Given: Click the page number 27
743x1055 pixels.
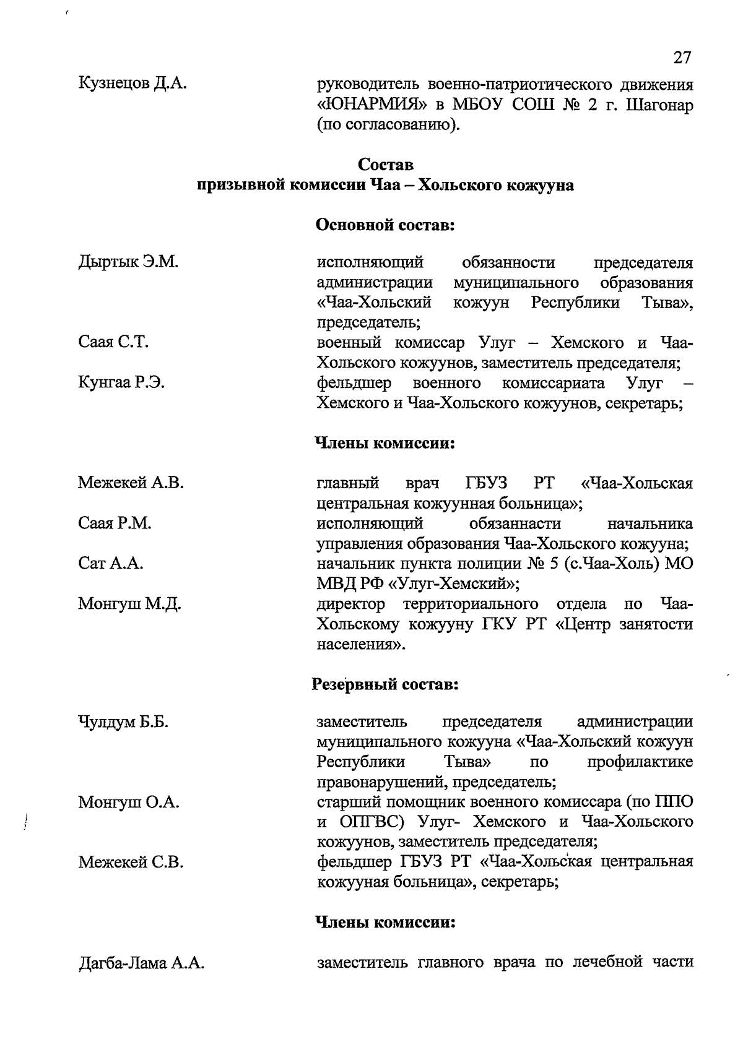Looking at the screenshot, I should pyautogui.click(x=681, y=58).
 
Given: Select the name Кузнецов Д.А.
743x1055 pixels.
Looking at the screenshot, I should pyautogui.click(x=133, y=83).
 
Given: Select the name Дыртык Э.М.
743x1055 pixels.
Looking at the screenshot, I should pyautogui.click(x=128, y=262).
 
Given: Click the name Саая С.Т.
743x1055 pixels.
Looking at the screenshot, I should pyautogui.click(x=113, y=342).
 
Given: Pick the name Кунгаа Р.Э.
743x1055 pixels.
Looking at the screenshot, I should pyautogui.click(x=121, y=383).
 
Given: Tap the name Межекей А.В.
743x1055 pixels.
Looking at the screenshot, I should pyautogui.click(x=131, y=483).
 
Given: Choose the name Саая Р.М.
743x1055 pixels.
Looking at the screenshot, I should pyautogui.click(x=115, y=523).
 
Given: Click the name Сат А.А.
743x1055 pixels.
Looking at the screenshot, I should pyautogui.click(x=111, y=564).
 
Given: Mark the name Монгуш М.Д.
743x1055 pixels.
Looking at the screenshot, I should pyautogui.click(x=129, y=604).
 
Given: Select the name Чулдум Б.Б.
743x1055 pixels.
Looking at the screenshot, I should pyautogui.click(x=124, y=722).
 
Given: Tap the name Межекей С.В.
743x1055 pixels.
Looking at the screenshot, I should pyautogui.click(x=131, y=862).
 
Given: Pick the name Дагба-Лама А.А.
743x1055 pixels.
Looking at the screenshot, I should pyautogui.click(x=141, y=963).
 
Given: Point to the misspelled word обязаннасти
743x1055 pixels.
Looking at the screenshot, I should pyautogui.click(x=515, y=523).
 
